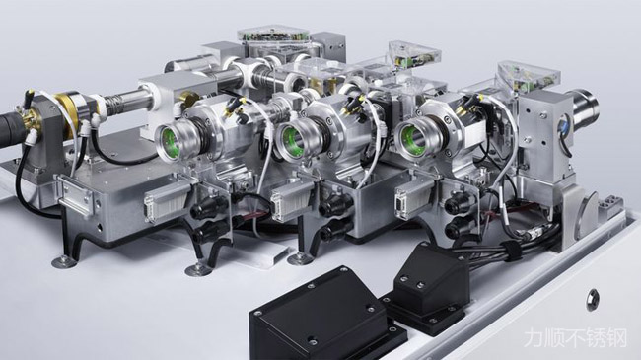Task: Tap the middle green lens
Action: (291, 140)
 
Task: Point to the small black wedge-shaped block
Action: (428, 282)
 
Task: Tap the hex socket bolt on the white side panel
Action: (592, 300)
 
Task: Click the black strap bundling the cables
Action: (512, 250)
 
